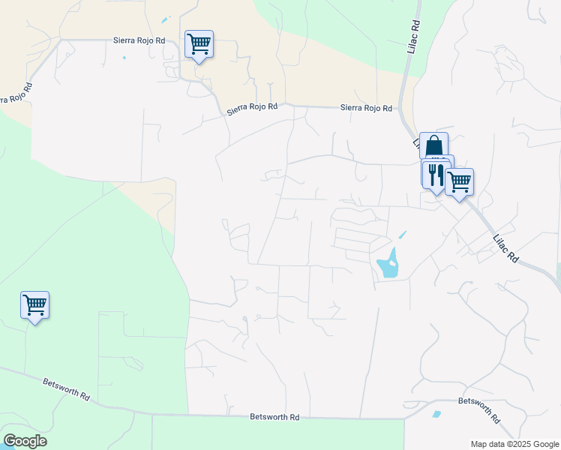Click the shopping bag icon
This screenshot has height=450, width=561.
433,145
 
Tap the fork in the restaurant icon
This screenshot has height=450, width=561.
432,174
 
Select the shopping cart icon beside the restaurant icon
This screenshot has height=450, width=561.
459,181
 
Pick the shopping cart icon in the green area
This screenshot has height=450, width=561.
34,304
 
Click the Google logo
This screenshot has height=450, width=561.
25,440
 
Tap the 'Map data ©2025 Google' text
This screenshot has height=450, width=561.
514,443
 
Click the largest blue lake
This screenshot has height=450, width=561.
387,263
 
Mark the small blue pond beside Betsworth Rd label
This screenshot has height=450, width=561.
436,413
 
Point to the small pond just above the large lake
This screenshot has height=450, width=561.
402,235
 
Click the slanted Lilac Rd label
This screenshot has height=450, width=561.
506,247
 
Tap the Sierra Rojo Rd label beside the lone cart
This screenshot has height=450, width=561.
139,40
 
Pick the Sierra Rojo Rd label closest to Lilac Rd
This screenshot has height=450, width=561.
366,108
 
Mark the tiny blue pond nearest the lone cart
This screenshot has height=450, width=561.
165,19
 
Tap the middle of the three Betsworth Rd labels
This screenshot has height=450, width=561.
274,417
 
